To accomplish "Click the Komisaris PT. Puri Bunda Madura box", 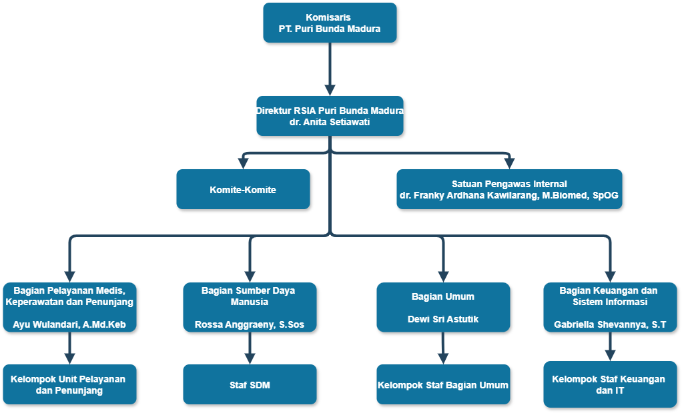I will pyautogui.click(x=330, y=23).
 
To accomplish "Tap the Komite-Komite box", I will pyautogui.click(x=243, y=189).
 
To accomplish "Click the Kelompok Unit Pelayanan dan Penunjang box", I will pyautogui.click(x=69, y=384).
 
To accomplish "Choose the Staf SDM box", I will pyautogui.click(x=250, y=384).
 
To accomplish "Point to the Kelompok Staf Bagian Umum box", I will pyautogui.click(x=443, y=384).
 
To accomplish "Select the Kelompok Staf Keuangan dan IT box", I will pyautogui.click(x=610, y=384).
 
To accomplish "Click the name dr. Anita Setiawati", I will pyautogui.click(x=330, y=123).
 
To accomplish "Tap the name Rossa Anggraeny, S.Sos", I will pyautogui.click(x=250, y=325).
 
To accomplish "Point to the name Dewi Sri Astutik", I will pyautogui.click(x=443, y=319).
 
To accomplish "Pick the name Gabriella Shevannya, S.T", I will pyautogui.click(x=610, y=325).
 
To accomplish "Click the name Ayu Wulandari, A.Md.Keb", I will pyautogui.click(x=69, y=325).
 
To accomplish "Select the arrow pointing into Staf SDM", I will pyautogui.click(x=250, y=348).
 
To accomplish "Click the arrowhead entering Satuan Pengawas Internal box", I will pyautogui.click(x=509, y=163).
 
